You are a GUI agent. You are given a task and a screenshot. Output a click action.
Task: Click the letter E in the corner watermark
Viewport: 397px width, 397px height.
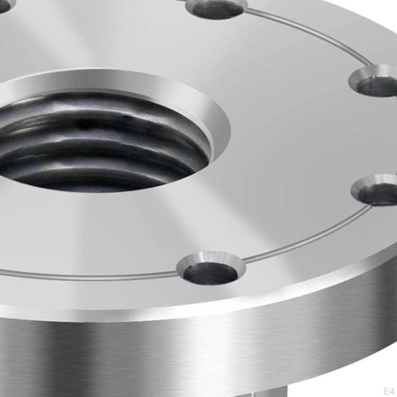coord(386,391)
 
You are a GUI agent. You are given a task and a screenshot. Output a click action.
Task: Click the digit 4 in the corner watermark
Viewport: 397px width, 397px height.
coord(392,391)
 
